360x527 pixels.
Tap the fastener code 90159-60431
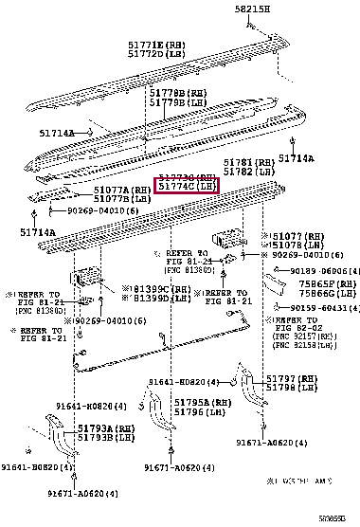pos(323,308)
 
